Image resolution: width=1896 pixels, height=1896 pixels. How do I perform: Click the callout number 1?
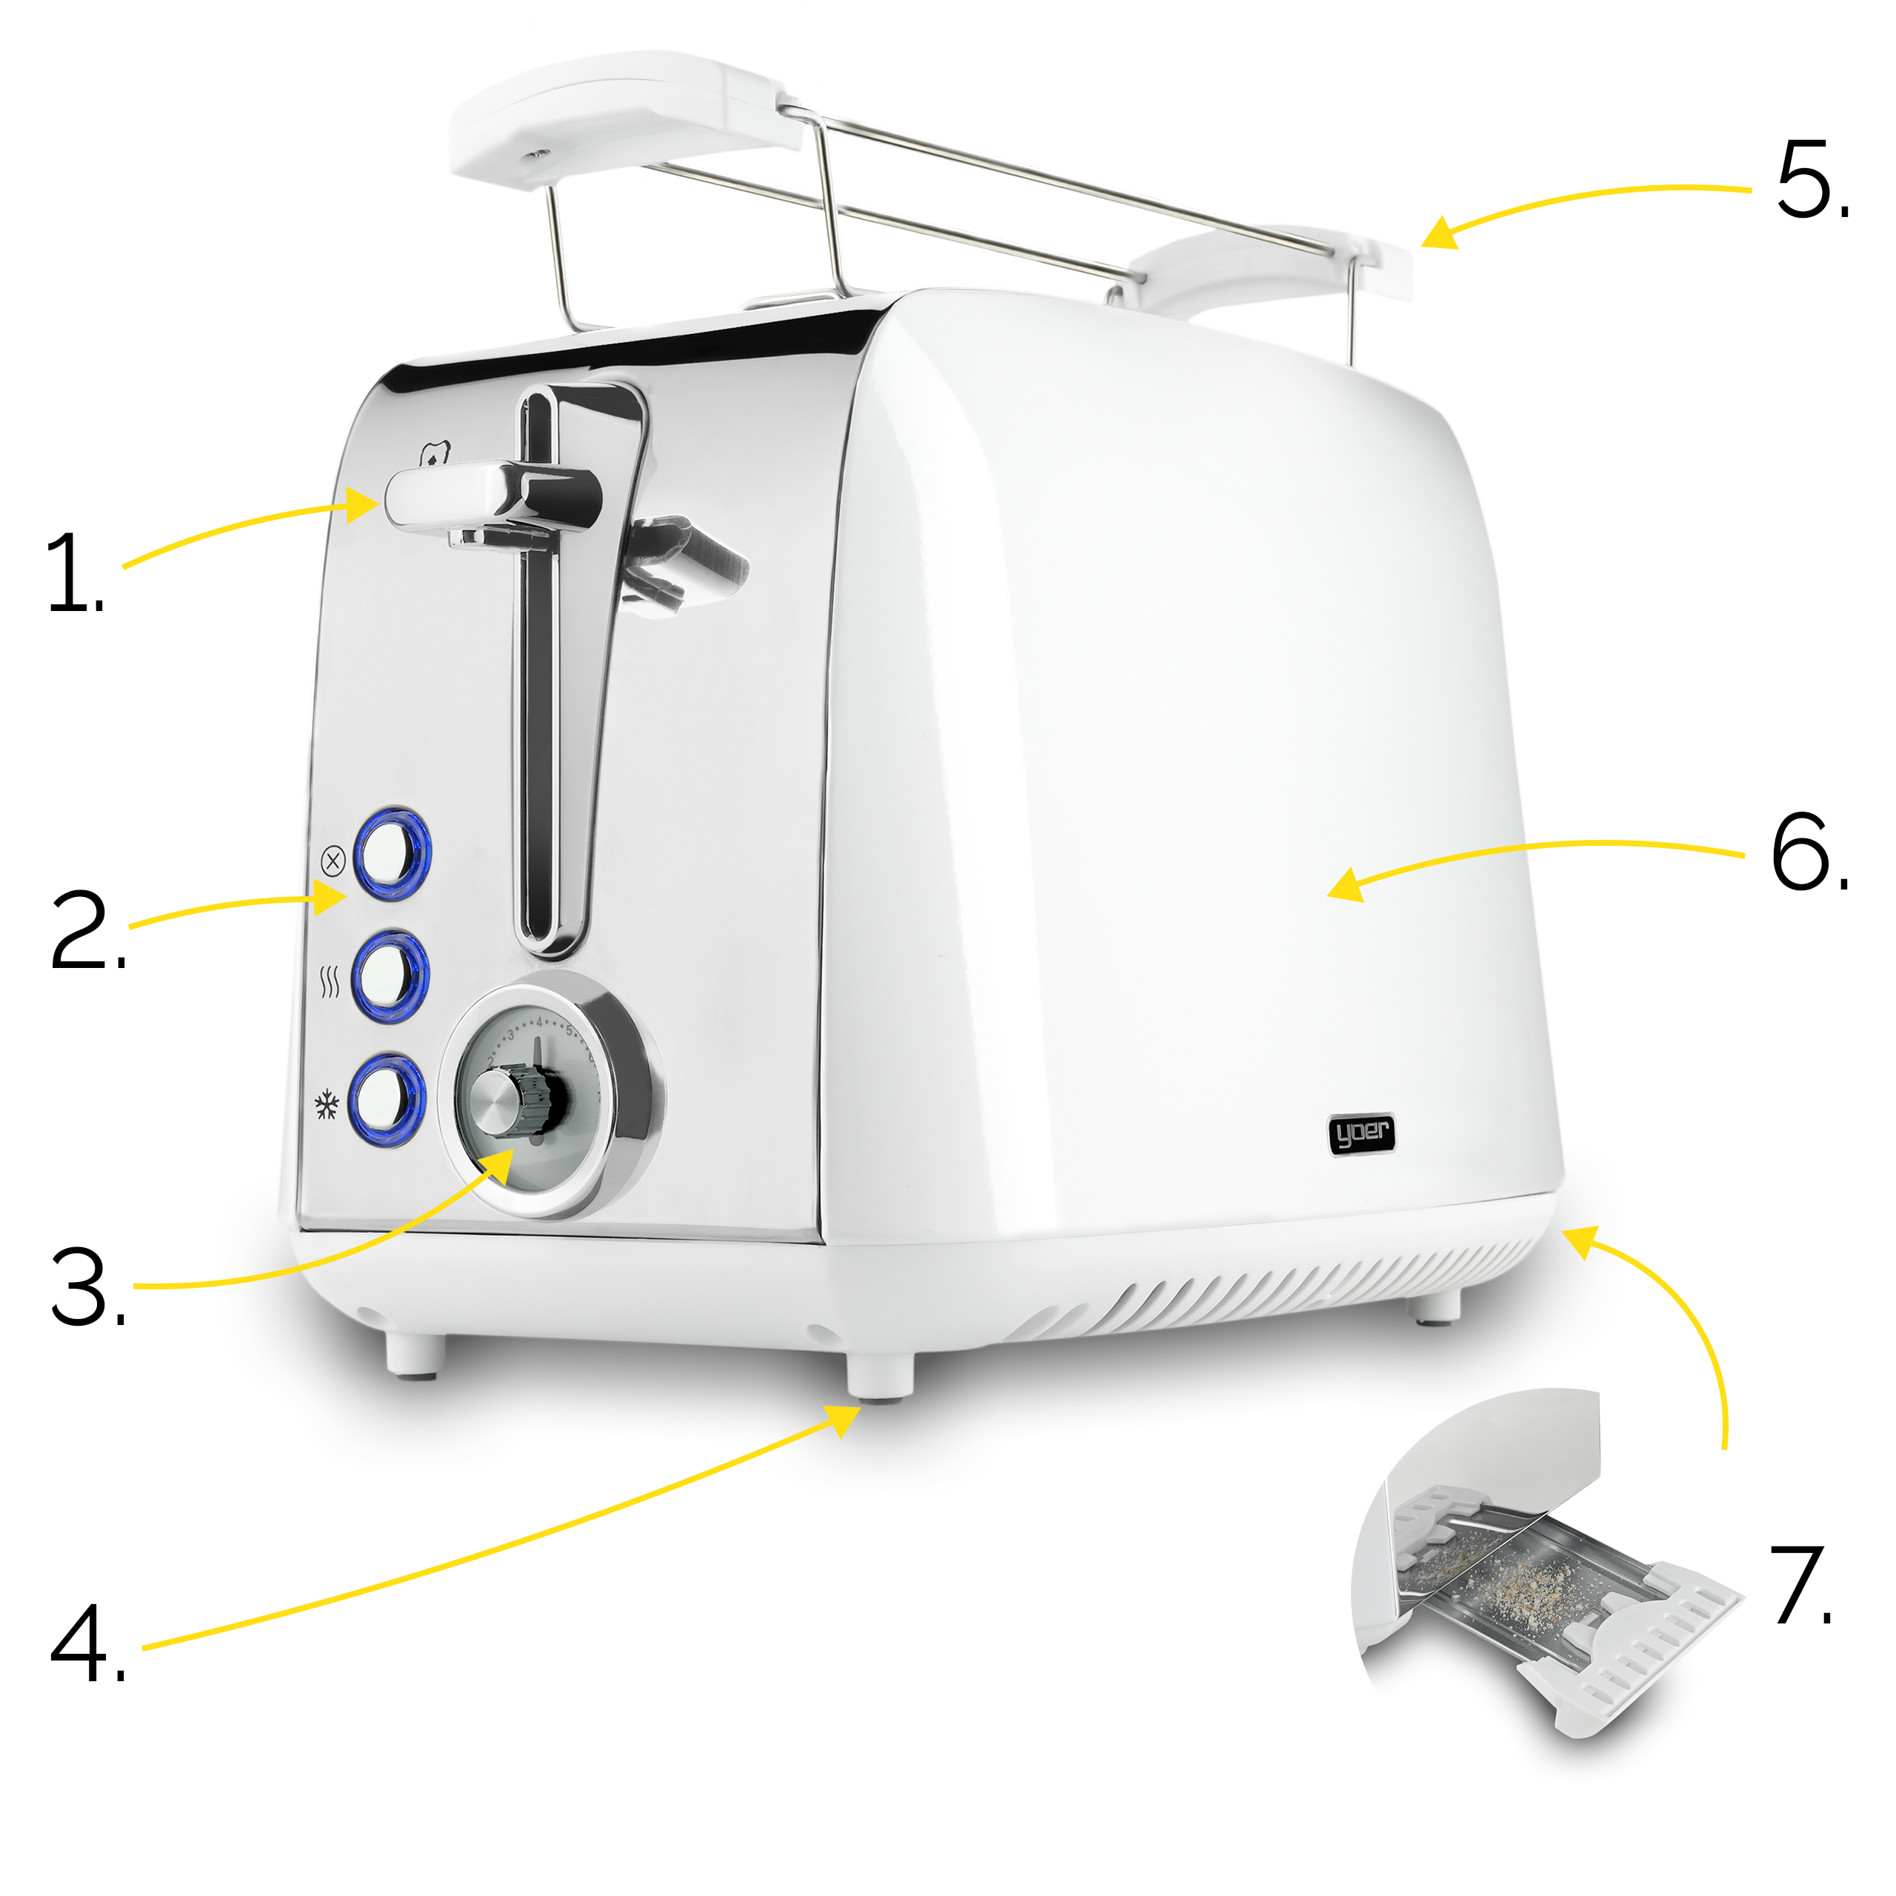coord(75,573)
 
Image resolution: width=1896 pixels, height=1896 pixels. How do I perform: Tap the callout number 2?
coord(88,929)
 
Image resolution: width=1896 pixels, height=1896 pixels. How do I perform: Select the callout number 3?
coord(88,1286)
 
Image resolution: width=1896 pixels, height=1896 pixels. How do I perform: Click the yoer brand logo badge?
coord(1361,1135)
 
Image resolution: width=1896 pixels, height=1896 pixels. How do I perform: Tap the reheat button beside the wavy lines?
coord(390,975)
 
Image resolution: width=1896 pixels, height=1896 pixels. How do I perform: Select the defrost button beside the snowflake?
coord(386,1099)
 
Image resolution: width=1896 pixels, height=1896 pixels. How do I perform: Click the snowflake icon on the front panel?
coord(326,1105)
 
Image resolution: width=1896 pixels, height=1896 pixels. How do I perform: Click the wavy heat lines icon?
coord(330,981)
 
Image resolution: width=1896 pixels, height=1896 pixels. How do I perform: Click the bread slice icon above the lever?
coord(435,453)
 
